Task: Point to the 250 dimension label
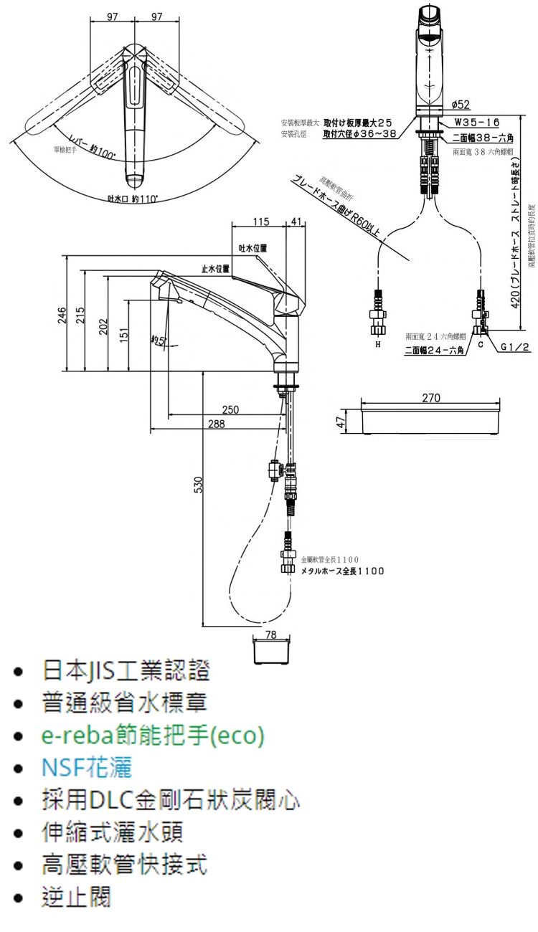[230, 410]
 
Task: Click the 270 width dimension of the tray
[431, 397]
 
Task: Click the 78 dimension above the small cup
[271, 634]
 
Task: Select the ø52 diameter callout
[461, 105]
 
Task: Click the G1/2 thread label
[515, 347]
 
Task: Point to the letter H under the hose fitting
[378, 345]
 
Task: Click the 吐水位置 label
[253, 247]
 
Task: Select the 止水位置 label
[215, 268]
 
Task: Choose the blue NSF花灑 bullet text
[87, 768]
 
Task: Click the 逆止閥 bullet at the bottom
[77, 897]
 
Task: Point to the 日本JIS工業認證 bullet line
[126, 671]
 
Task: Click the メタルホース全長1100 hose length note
[342, 571]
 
